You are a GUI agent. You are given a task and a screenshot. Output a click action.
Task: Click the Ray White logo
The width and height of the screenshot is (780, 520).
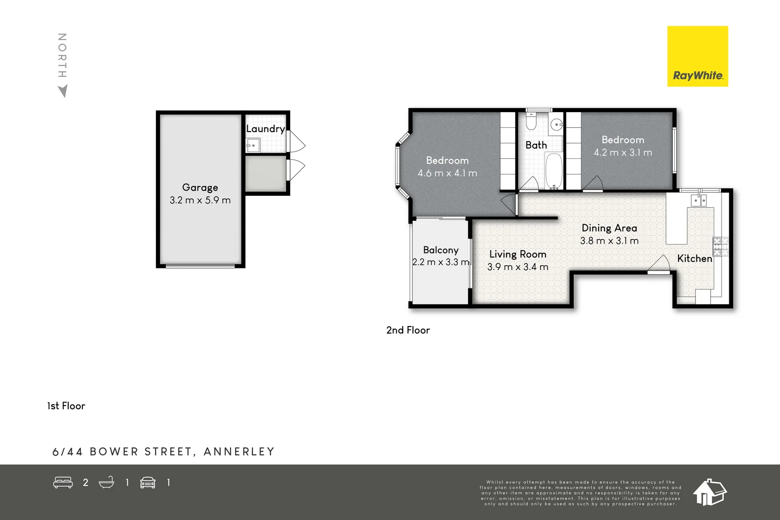click(x=697, y=57)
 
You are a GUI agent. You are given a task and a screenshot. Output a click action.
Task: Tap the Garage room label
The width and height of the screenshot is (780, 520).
click(x=200, y=188)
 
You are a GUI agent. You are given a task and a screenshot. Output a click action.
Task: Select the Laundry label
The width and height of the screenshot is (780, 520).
click(x=265, y=129)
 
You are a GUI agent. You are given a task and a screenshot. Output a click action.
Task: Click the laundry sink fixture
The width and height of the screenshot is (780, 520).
click(x=253, y=145)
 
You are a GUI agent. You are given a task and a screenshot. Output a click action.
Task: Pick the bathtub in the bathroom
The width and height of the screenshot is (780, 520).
click(x=554, y=171)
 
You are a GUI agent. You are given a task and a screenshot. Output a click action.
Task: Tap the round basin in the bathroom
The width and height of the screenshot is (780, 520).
click(x=556, y=125)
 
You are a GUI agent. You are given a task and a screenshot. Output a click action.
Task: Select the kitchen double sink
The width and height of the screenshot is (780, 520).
click(x=699, y=200)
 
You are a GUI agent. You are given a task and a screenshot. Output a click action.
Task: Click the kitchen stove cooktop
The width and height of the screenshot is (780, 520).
click(x=721, y=247)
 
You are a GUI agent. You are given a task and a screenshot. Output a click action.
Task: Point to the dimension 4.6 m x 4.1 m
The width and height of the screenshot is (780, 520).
click(x=447, y=173)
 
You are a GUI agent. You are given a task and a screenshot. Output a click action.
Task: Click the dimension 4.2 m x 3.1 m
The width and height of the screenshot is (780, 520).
click(x=623, y=153)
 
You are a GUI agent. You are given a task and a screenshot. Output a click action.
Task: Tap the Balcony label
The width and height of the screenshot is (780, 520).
click(x=441, y=250)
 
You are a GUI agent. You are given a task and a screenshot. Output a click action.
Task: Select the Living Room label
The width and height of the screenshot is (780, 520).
click(x=517, y=254)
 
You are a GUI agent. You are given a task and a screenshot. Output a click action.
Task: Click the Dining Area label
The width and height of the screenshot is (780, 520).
click(x=609, y=228)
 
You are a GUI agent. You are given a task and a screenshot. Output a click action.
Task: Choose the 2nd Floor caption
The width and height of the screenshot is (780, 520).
click(x=408, y=330)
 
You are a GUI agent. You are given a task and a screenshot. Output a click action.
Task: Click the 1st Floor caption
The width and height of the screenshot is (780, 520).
click(x=66, y=406)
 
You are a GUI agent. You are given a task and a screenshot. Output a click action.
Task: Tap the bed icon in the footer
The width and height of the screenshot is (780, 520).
click(x=63, y=482)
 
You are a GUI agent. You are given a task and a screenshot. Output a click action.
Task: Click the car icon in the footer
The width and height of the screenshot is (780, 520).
click(x=148, y=482)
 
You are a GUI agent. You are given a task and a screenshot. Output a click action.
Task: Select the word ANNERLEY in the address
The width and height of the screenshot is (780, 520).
click(x=239, y=452)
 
